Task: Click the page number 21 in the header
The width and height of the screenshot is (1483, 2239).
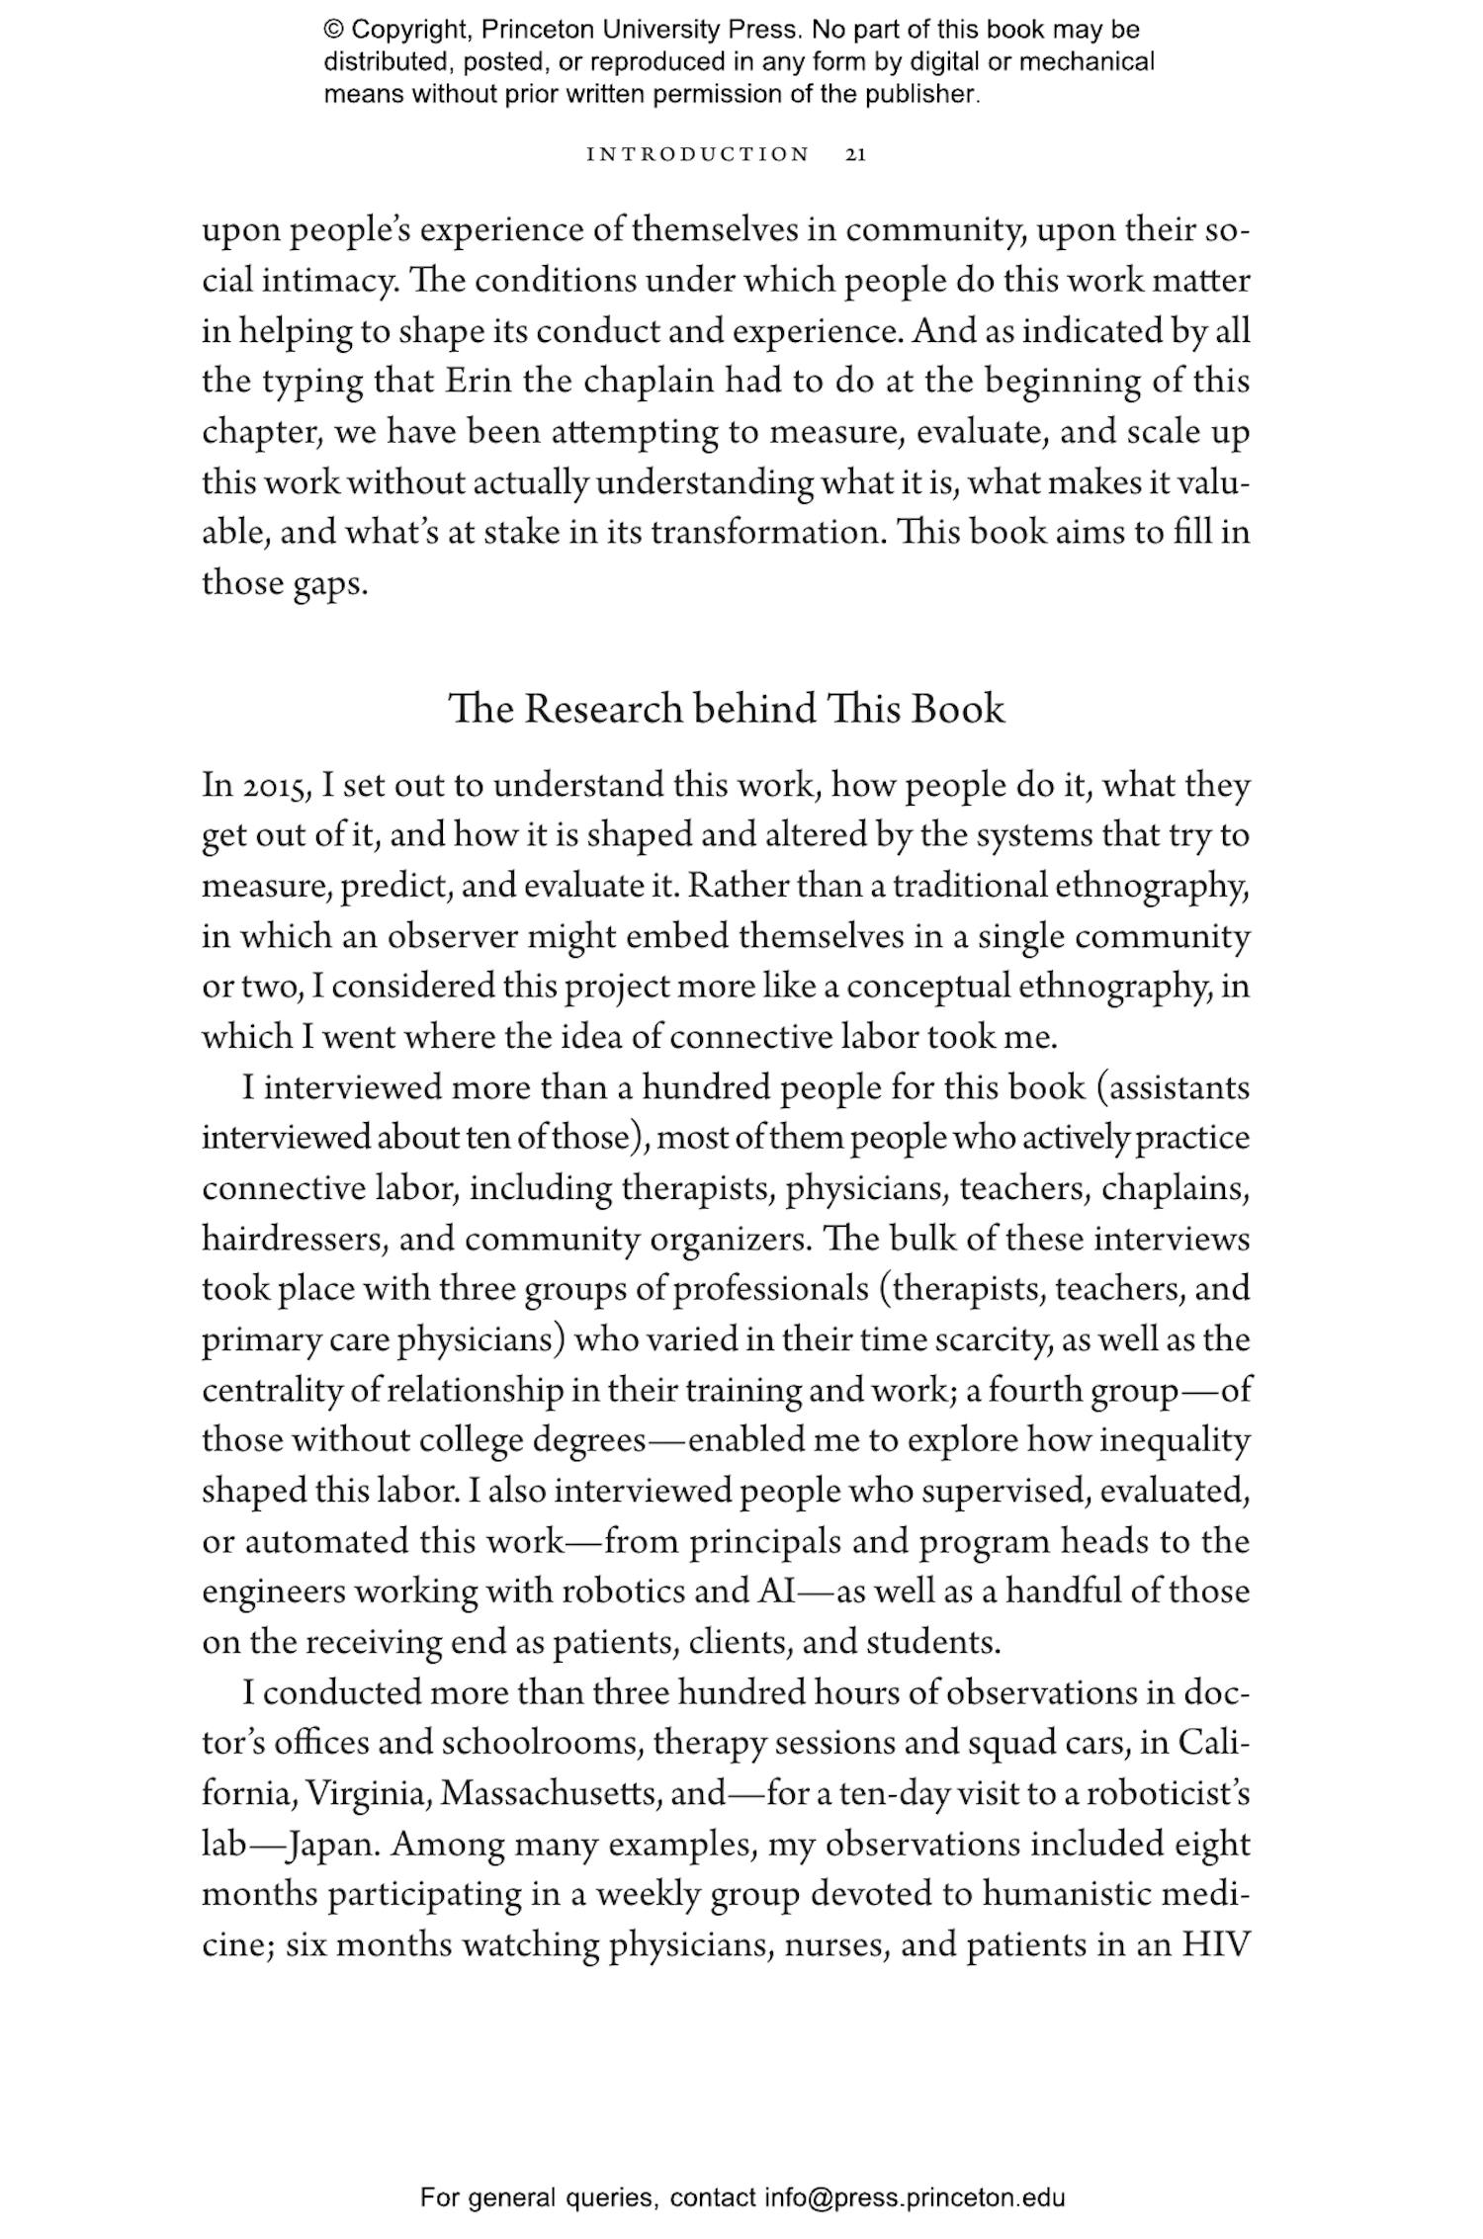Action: pyautogui.click(x=856, y=154)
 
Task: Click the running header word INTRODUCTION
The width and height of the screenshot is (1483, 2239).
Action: pyautogui.click(x=698, y=154)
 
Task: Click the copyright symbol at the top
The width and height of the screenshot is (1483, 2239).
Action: pyautogui.click(x=333, y=30)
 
